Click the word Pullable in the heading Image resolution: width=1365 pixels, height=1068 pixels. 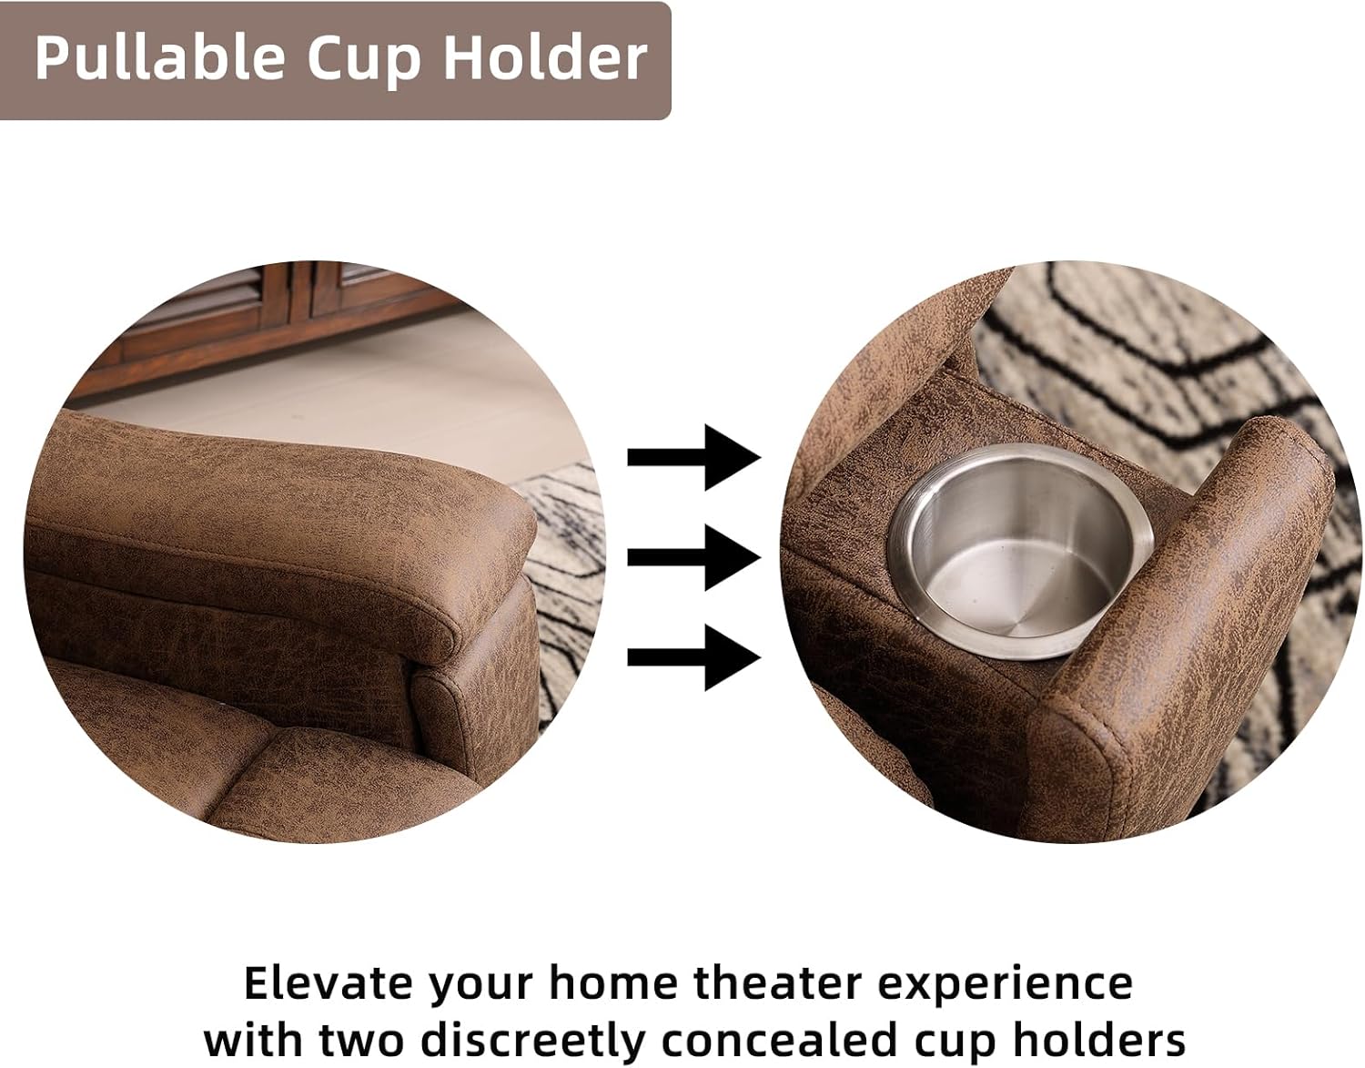(159, 58)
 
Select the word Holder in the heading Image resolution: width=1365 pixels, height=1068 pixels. (544, 58)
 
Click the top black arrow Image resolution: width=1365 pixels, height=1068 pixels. (693, 456)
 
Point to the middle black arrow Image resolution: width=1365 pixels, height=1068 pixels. (693, 556)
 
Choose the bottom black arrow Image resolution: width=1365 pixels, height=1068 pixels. (693, 656)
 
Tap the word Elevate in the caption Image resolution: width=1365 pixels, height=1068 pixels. (328, 984)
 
